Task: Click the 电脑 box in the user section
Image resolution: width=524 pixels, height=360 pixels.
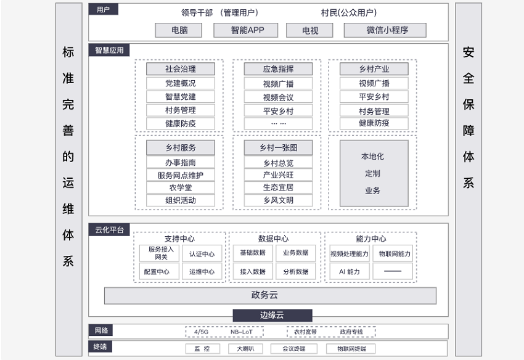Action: (178, 30)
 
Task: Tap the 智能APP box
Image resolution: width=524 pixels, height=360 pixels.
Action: (246, 30)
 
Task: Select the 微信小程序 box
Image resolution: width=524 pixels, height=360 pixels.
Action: (385, 30)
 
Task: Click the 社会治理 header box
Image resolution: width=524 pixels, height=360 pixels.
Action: (181, 69)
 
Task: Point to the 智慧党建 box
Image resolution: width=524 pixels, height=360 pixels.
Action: (181, 97)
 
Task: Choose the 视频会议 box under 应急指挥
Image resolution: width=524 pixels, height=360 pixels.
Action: (279, 97)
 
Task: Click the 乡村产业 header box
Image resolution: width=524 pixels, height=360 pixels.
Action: (374, 69)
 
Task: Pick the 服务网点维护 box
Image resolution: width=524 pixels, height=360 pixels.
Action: (181, 175)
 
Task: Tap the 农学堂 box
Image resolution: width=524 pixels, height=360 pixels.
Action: (181, 187)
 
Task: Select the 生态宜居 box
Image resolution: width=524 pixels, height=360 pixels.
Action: (279, 187)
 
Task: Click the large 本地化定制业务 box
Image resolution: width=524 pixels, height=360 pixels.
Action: (374, 173)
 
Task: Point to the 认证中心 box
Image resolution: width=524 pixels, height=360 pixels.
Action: (202, 254)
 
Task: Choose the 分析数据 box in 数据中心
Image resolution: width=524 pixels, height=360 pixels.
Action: (296, 271)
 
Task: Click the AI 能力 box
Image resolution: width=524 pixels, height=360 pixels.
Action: (350, 271)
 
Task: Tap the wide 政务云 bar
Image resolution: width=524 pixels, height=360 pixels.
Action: (271, 295)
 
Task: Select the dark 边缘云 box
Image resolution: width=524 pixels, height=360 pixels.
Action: (272, 315)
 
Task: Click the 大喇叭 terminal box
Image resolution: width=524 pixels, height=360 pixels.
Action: (245, 349)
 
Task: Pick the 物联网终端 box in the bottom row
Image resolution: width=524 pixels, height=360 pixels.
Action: (351, 349)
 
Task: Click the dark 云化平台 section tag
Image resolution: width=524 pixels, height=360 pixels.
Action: (109, 230)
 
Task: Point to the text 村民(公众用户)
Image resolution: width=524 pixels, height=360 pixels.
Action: (348, 13)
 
